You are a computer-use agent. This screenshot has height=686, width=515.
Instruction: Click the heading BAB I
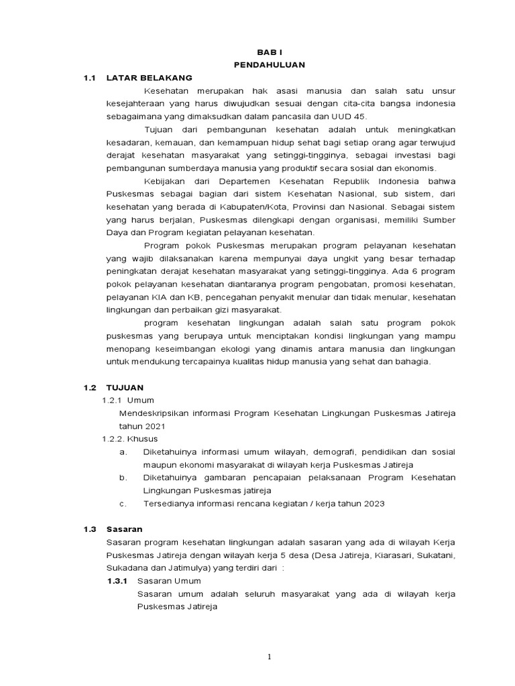click(270, 52)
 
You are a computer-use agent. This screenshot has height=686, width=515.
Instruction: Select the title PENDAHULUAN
click(270, 64)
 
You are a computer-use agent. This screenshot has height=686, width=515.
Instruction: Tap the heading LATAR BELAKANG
click(150, 78)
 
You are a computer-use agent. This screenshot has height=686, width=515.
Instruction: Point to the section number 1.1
click(91, 78)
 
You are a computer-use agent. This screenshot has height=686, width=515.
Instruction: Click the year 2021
click(151, 425)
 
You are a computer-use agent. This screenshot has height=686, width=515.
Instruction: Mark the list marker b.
click(123, 477)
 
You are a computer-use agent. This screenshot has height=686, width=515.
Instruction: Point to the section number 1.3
click(91, 529)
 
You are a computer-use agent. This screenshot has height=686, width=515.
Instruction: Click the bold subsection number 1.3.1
click(117, 580)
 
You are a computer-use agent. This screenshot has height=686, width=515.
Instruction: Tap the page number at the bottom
click(270, 657)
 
